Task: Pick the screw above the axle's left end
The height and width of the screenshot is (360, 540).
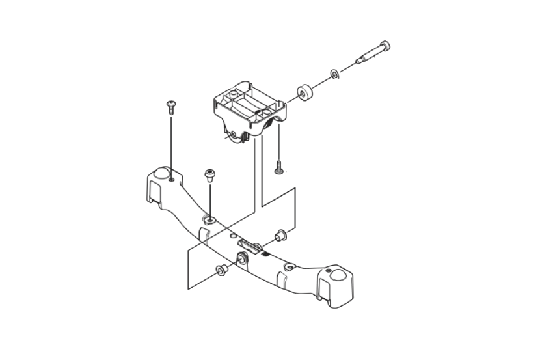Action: click(x=172, y=106)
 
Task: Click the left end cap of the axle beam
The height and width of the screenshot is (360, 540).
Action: click(x=159, y=183)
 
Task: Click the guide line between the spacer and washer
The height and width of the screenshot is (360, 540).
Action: click(x=319, y=83)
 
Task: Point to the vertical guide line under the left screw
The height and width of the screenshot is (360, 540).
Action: click(x=171, y=143)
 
